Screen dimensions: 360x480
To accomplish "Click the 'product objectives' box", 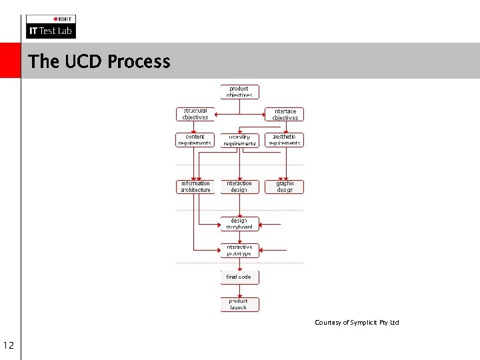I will [x=239, y=92].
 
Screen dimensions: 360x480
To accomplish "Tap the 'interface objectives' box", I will [x=285, y=114].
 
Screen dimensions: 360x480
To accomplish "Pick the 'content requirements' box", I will [x=195, y=139].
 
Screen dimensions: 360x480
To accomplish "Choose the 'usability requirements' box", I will [x=239, y=139].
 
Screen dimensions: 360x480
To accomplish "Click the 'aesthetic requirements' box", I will [x=285, y=139].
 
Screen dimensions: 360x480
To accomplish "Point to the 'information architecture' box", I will [x=195, y=187].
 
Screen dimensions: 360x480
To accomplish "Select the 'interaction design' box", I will [x=239, y=187].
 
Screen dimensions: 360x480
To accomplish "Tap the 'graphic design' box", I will [x=285, y=187].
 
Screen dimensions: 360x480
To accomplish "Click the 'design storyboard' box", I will [x=239, y=223].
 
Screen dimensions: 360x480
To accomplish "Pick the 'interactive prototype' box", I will [x=239, y=250].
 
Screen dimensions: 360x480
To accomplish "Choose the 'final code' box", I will [x=239, y=277].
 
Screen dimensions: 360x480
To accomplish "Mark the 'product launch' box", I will [x=239, y=304].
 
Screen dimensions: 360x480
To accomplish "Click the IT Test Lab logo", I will [x=51, y=27].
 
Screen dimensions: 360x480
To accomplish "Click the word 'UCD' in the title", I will [x=84, y=61].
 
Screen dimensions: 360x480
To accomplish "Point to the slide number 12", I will [x=9, y=345].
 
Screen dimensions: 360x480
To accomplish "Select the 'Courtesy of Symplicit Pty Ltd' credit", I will [x=357, y=323].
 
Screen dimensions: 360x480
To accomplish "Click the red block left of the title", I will [x=10, y=61].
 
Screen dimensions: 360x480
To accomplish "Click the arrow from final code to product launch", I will [x=239, y=291].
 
